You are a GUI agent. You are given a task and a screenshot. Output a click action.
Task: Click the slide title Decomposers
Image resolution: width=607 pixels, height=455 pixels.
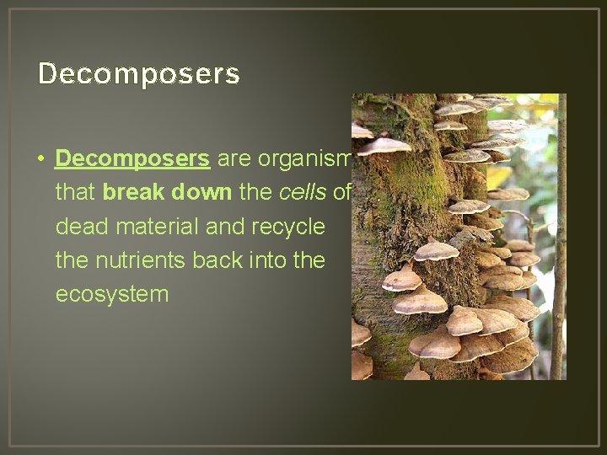point(139,74)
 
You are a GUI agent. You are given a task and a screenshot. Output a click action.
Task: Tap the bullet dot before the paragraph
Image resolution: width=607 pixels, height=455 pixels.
point(40,159)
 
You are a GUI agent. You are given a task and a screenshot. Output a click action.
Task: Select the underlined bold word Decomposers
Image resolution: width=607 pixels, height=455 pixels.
point(132,158)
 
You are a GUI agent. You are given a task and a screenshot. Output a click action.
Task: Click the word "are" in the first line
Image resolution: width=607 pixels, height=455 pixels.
point(234,158)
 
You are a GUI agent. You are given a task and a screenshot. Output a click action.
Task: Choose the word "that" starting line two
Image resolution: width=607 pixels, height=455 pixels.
point(75,193)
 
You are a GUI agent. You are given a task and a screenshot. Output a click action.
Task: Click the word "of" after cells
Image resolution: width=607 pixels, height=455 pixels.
point(341,193)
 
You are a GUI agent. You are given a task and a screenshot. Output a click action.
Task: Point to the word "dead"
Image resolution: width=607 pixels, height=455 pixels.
point(78,227)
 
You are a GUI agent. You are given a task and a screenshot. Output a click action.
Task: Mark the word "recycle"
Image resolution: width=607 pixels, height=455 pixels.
point(286,227)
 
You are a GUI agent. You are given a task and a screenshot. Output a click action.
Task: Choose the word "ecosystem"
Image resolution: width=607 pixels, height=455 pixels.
point(112,295)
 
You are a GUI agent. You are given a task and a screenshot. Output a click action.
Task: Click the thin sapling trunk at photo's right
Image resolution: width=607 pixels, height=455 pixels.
point(558,253)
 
